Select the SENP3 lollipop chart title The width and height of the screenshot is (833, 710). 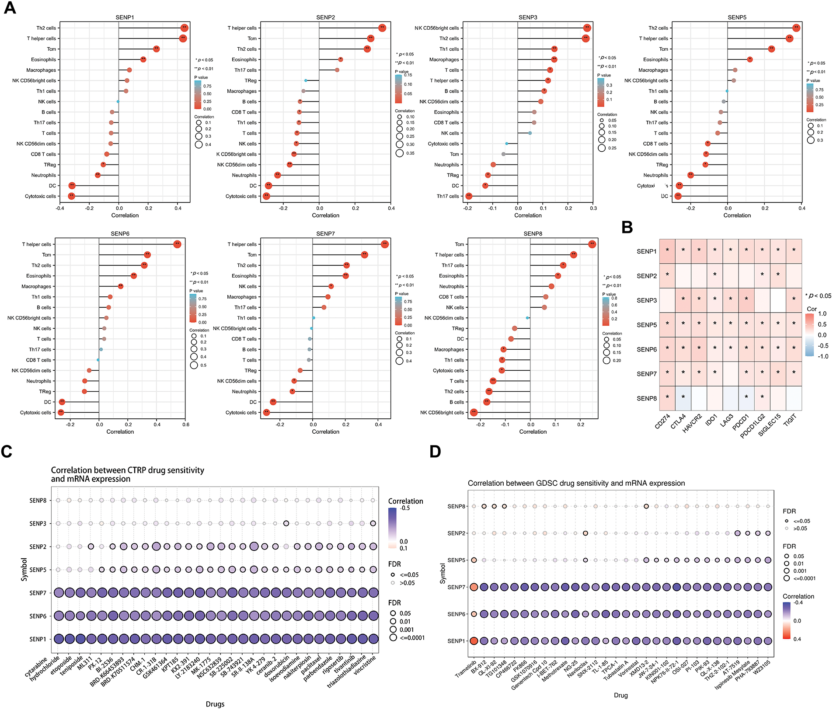coord(527,17)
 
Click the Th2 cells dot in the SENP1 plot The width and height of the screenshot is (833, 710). coord(184,28)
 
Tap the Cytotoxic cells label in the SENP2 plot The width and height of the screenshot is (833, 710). coord(241,196)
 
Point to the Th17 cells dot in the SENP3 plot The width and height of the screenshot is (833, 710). coord(469,196)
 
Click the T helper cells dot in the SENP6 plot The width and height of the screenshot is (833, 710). coord(177,244)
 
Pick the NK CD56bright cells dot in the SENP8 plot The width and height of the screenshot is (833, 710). coord(474,412)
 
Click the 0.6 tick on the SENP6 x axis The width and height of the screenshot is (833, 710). coord(186,425)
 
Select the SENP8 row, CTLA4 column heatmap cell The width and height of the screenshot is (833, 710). coord(683,398)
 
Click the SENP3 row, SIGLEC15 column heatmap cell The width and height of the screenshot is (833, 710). coord(778,300)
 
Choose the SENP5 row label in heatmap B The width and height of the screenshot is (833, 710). coord(646,325)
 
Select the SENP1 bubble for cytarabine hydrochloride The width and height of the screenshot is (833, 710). coord(59,639)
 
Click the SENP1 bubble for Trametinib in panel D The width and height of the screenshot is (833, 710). coord(474,641)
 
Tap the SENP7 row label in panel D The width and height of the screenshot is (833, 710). coord(456,587)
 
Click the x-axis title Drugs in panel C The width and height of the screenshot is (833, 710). coord(215,704)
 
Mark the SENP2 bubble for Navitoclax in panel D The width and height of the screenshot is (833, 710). coord(585,533)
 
